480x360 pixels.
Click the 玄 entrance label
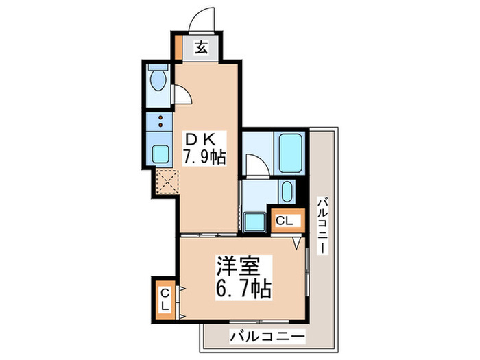coord(202,48)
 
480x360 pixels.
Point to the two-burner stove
coord(160,123)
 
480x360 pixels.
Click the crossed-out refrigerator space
coord(167,182)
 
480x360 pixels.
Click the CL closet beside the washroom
coord(284,221)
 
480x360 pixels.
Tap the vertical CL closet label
coord(165,300)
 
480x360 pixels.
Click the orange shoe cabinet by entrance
coord(179,47)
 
